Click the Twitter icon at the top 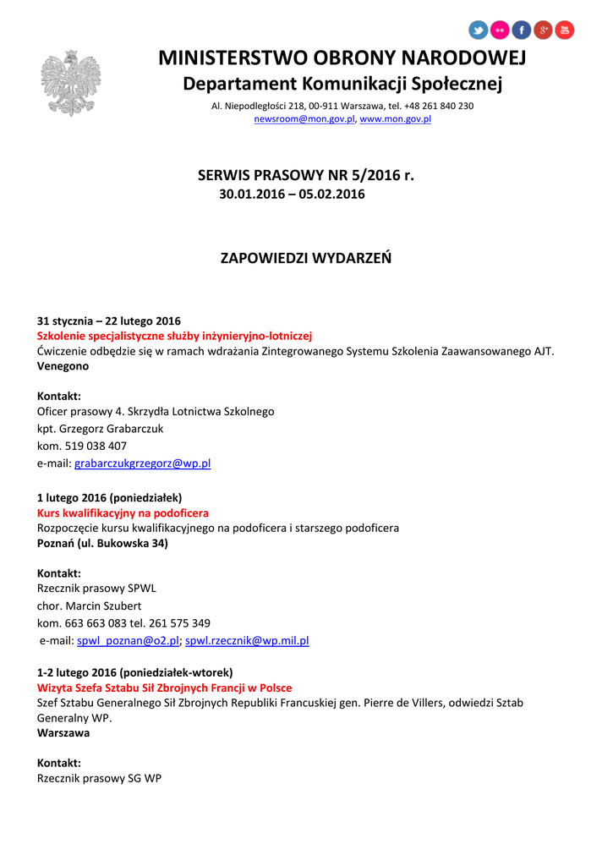point(479,30)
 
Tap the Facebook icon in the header point(522,30)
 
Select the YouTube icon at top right point(564,30)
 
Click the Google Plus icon point(543,30)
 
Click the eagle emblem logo point(70,83)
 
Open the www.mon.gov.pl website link point(396,119)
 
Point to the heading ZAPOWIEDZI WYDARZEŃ point(306,257)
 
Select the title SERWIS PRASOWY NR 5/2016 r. point(306,176)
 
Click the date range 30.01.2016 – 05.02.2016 point(293,195)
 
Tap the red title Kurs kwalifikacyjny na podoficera point(123,513)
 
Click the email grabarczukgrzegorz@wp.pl point(143,463)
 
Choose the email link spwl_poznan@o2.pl point(128,641)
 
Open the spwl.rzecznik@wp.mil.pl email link point(247,641)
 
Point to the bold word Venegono point(63,366)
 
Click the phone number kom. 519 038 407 point(82,446)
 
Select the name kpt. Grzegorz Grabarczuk point(101,429)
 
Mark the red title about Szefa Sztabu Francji point(164,688)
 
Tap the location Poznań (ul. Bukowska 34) point(102,543)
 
